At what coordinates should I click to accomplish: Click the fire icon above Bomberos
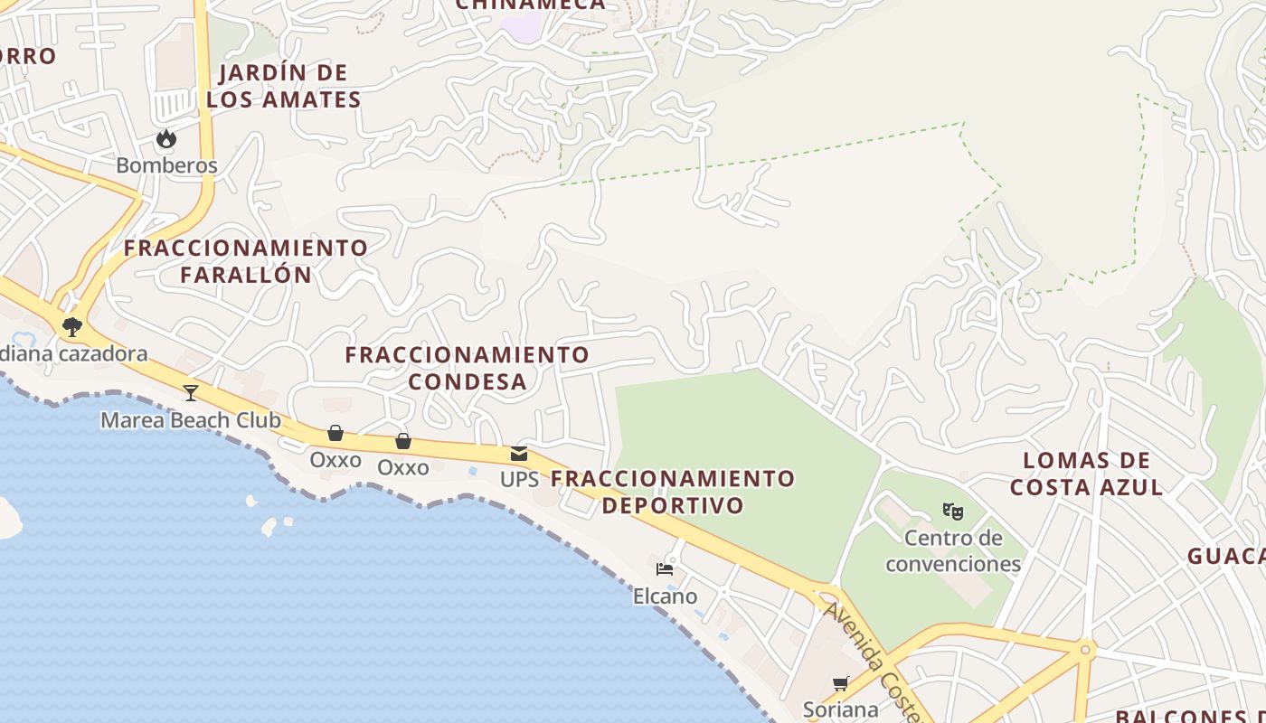click(166, 139)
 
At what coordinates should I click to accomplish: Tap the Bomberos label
click(167, 165)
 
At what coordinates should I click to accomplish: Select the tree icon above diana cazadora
click(72, 326)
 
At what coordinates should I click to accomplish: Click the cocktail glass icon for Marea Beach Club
click(191, 392)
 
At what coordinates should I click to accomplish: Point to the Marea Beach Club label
click(191, 420)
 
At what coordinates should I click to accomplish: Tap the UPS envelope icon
click(519, 453)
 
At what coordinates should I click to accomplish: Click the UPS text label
click(519, 479)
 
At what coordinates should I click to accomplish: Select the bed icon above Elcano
click(665, 569)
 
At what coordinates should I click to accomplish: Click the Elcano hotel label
click(665, 596)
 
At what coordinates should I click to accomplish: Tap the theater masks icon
click(953, 512)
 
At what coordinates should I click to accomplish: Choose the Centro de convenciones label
click(953, 551)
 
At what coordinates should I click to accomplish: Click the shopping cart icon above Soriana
click(841, 684)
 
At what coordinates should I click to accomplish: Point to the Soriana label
click(841, 709)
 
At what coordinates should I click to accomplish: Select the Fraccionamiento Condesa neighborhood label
click(468, 368)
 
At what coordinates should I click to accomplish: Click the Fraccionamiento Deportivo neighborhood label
click(674, 492)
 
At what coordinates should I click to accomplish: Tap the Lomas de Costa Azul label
click(1086, 474)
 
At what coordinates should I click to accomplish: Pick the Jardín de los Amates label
click(284, 86)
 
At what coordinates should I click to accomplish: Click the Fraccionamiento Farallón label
click(246, 261)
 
